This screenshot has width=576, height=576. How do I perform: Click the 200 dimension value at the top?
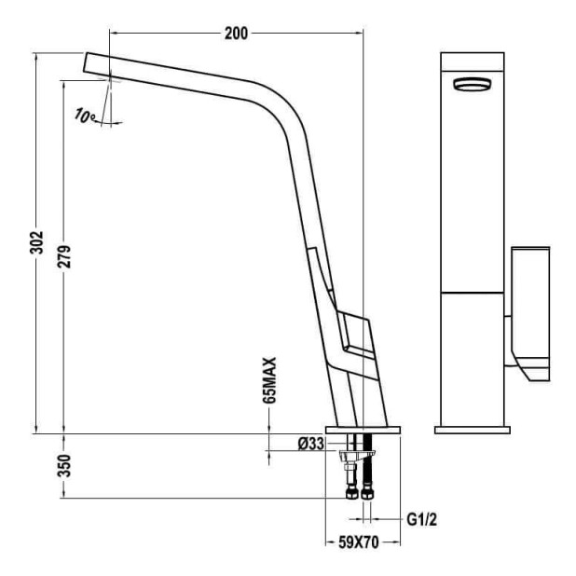[x=237, y=34]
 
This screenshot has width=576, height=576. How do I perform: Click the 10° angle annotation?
[x=86, y=117]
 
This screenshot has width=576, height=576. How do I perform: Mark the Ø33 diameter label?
[x=310, y=444]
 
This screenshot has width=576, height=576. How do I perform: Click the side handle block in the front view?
[x=529, y=298]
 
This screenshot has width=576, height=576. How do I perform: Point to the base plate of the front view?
[x=472, y=430]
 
